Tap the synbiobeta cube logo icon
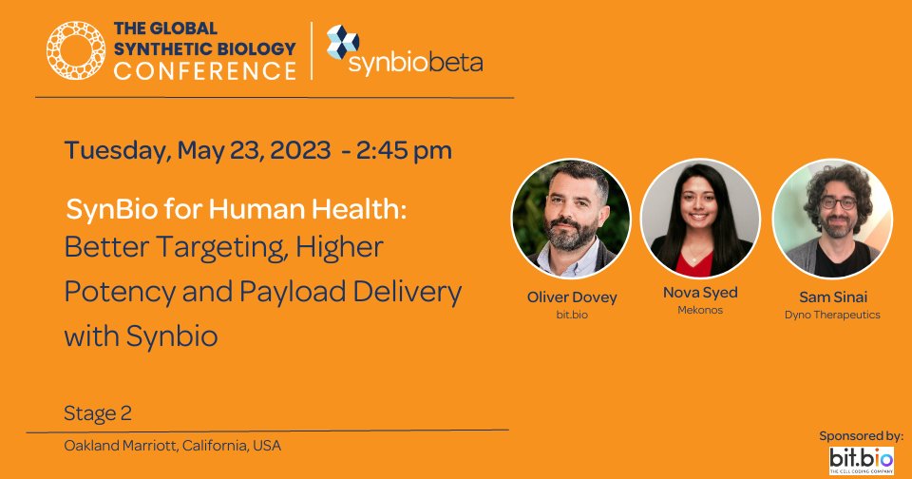point(342,42)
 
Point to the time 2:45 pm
point(404,150)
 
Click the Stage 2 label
point(98,413)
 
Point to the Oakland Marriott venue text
point(172,445)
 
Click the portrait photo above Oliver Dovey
point(572,219)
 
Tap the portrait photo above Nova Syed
point(700,218)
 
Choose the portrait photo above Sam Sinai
point(832,218)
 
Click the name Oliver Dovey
point(572,297)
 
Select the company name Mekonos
point(700,310)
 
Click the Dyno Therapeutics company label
point(832,314)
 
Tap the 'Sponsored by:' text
point(861,435)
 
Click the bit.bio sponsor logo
point(862,459)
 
